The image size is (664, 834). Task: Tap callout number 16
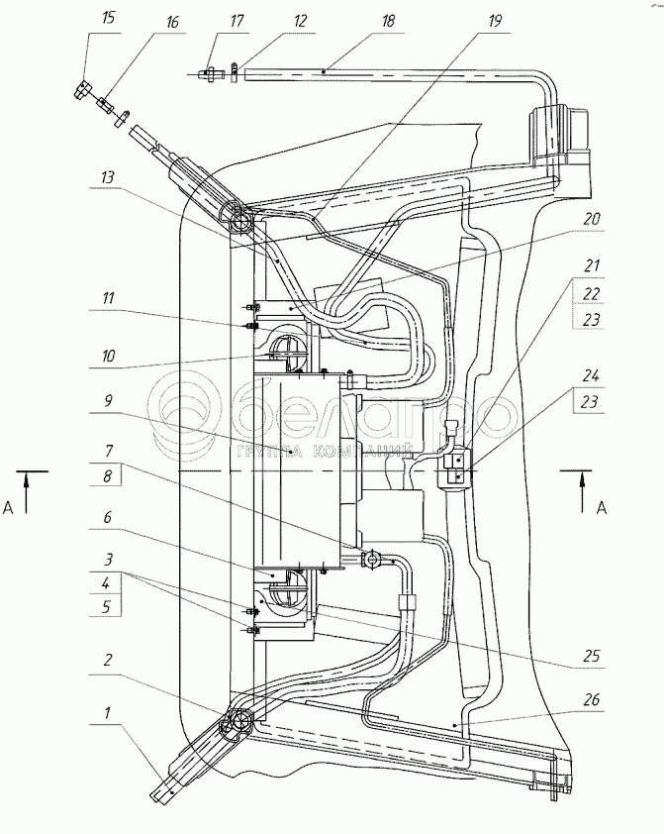172,23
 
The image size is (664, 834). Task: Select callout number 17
237,21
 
